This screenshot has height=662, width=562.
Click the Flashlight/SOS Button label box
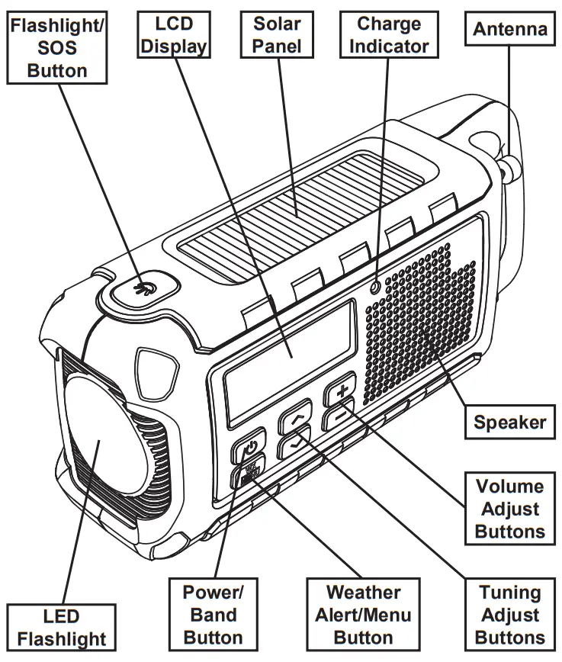pos(57,47)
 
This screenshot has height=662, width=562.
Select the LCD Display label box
pos(175,34)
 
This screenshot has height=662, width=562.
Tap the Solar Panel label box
pos(278,34)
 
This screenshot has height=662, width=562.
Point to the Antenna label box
pos(510,30)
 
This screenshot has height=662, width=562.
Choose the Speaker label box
pos(509,422)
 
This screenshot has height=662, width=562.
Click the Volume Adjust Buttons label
pos(509,509)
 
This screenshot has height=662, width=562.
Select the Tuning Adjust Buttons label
pos(510,615)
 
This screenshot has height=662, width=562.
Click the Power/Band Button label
pos(214,615)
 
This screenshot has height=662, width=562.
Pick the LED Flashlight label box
pos(62,627)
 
